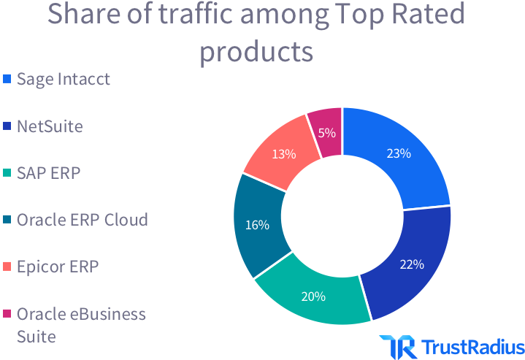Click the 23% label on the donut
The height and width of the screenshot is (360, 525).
click(x=399, y=154)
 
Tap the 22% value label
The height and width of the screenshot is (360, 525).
click(x=412, y=264)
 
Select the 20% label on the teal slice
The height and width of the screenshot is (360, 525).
click(x=313, y=296)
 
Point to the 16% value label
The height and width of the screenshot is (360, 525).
click(x=257, y=225)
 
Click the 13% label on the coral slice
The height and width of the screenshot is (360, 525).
click(x=283, y=154)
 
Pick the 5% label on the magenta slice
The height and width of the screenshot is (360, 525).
click(x=327, y=133)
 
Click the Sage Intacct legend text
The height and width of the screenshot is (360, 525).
click(x=64, y=79)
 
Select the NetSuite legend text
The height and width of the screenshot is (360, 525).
click(x=50, y=126)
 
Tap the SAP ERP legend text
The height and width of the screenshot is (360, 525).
click(x=48, y=173)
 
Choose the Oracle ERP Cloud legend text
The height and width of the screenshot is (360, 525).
click(x=82, y=220)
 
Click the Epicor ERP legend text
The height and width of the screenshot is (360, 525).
click(x=57, y=267)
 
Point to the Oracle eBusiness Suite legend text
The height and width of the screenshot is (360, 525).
click(x=81, y=325)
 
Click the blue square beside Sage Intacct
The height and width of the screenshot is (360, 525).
click(x=7, y=79)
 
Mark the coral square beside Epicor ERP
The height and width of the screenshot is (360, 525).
click(x=7, y=267)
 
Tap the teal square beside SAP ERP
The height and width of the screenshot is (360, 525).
click(x=7, y=173)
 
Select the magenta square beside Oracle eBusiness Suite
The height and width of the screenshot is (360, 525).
click(x=7, y=314)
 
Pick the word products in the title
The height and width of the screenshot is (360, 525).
click(x=256, y=52)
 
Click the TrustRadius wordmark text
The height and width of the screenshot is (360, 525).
click(x=472, y=346)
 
